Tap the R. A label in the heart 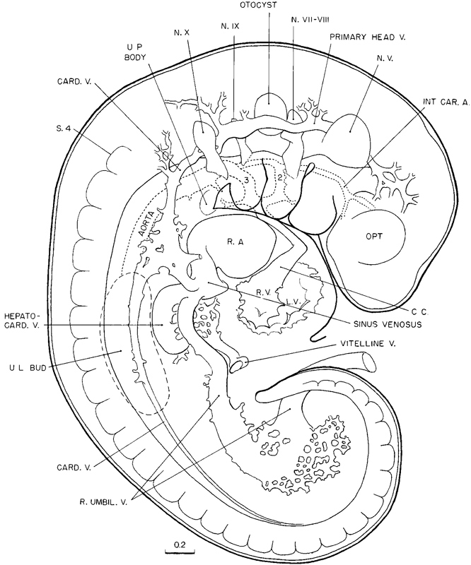[x=235, y=242]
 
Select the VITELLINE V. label [x=367, y=345]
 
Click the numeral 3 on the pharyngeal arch [x=245, y=180]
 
